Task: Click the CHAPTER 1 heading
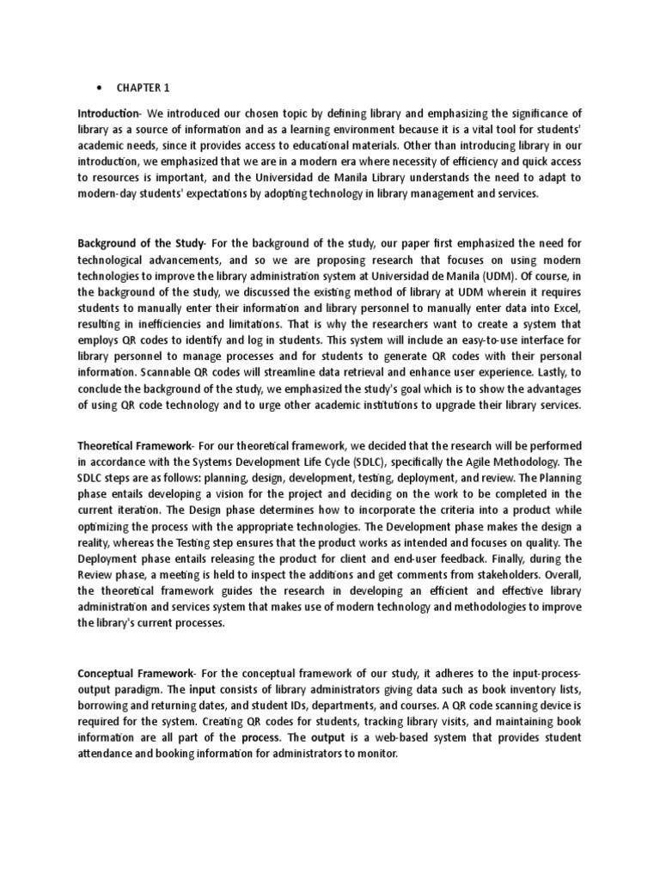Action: pyautogui.click(x=147, y=87)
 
